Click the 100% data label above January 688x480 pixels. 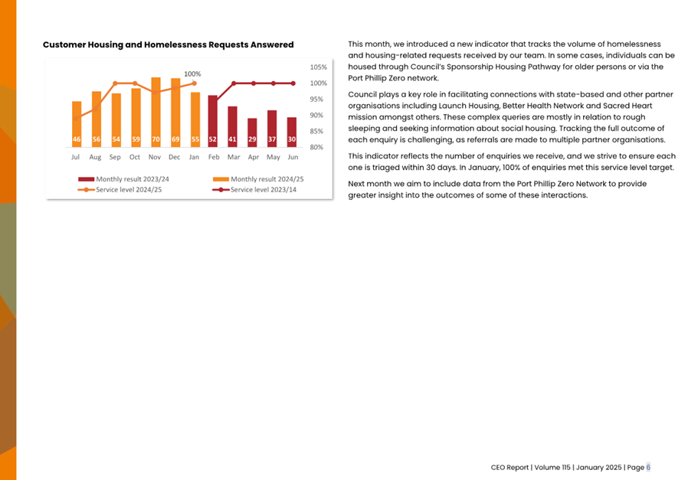point(192,74)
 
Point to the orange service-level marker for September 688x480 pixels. point(116,83)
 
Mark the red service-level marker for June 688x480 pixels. point(293,83)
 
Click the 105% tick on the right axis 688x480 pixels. point(317,67)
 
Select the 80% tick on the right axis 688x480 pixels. point(317,147)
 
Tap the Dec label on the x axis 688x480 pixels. point(175,157)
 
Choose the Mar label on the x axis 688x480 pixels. point(233,157)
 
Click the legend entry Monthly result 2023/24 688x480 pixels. point(123,179)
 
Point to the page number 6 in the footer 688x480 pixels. point(648,467)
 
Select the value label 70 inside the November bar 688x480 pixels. point(156,140)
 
